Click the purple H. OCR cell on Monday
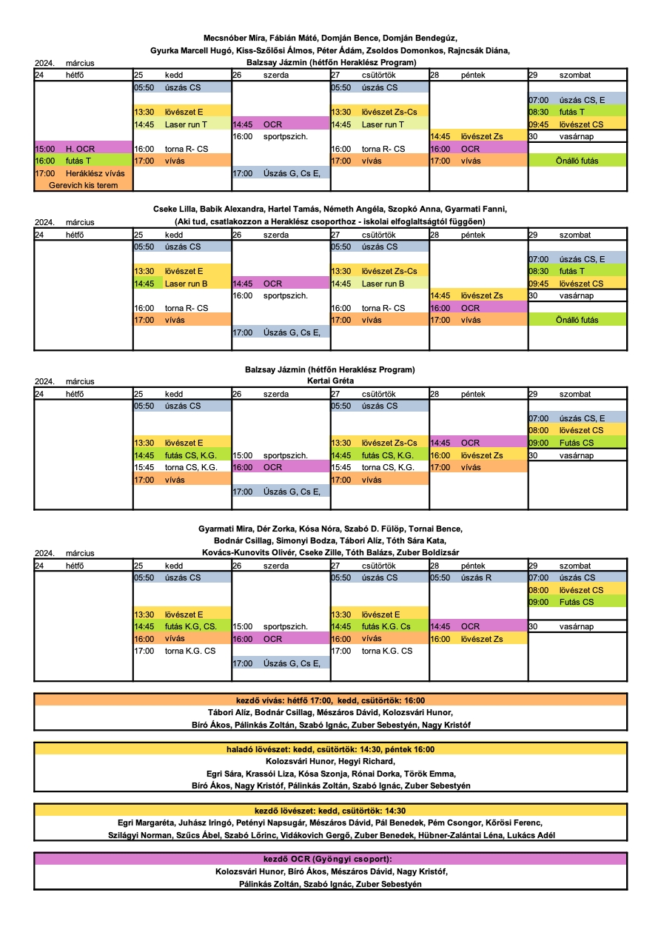[83, 149]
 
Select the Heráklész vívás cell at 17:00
[83, 173]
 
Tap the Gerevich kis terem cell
[83, 185]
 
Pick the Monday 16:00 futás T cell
[83, 161]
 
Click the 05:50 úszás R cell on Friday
[478, 577]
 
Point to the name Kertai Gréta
[330, 381]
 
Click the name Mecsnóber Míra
[234, 38]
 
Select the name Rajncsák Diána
[479, 50]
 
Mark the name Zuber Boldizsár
[427, 552]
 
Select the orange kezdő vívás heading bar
[330, 700]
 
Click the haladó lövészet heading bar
[330, 749]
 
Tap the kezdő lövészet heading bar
[330, 811]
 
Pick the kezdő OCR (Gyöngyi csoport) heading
[330, 859]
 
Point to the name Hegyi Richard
[366, 761]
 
